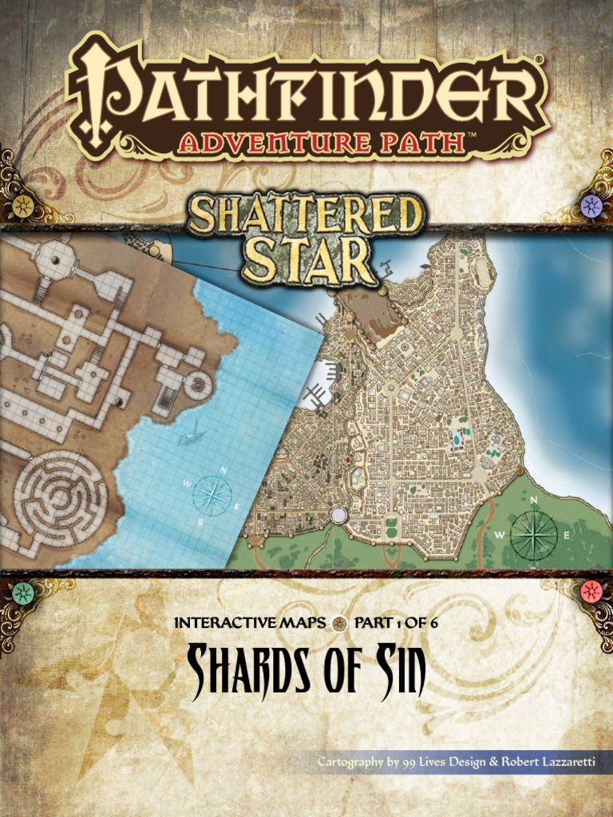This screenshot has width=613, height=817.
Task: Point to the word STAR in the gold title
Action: (307, 257)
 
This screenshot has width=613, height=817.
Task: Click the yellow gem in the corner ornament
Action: (23, 205)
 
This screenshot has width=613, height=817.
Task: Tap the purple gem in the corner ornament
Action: (591, 205)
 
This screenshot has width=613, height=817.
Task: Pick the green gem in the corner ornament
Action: (23, 592)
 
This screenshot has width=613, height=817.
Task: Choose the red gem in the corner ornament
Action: (591, 591)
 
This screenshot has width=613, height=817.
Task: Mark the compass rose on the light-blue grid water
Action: (212, 495)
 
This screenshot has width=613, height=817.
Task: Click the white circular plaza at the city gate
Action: (338, 515)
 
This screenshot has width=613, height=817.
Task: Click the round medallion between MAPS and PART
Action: (338, 623)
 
